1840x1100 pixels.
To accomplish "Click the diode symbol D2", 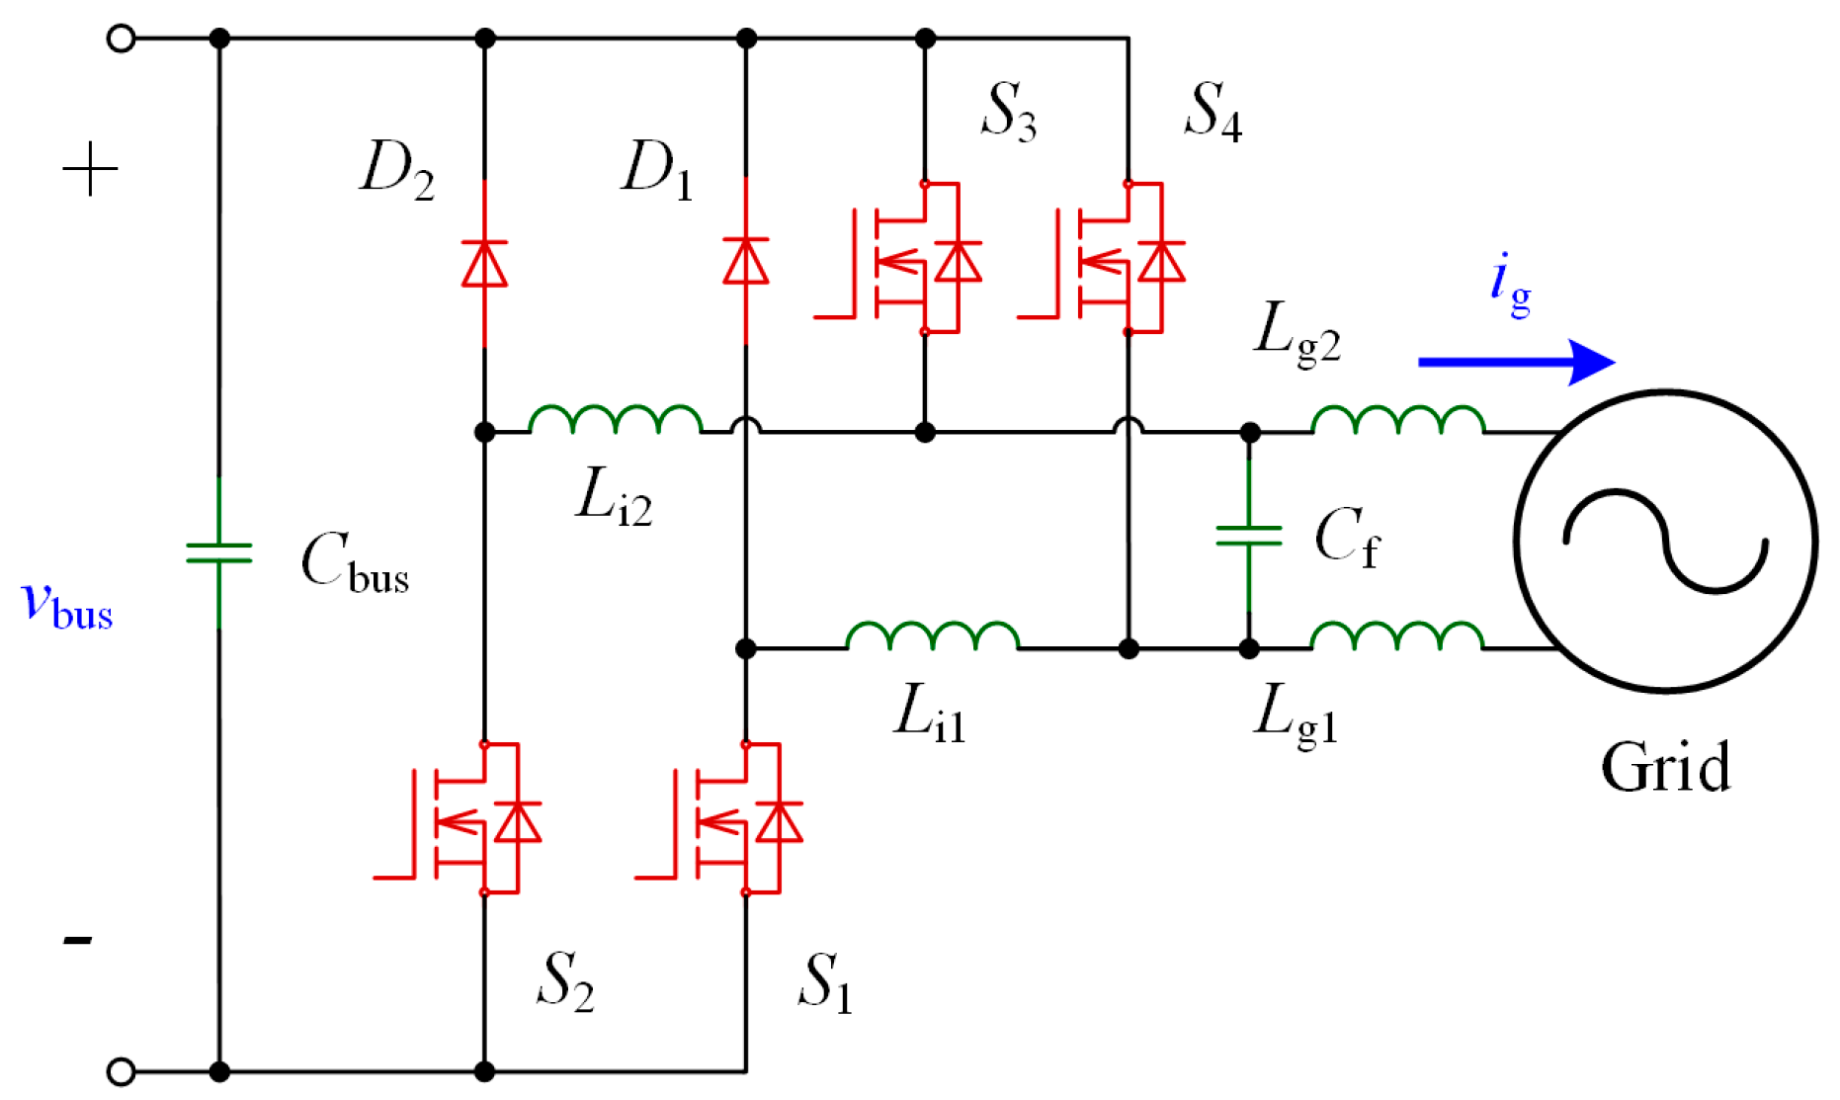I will click(x=484, y=263).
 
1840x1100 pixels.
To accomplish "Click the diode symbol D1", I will click(x=746, y=261).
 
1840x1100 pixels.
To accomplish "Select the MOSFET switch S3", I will click(x=909, y=259).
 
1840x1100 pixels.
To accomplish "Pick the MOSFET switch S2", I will click(x=469, y=819).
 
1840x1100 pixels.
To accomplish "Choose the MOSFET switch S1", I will click(x=731, y=819).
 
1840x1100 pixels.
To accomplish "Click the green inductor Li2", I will click(x=616, y=420).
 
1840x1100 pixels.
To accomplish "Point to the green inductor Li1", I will click(x=932, y=636).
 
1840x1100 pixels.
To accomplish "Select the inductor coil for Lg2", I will click(x=1397, y=421).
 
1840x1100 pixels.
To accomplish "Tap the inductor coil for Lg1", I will click(x=1397, y=636).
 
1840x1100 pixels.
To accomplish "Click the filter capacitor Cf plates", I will click(x=1249, y=536).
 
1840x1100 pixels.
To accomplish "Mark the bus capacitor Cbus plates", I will click(x=219, y=552).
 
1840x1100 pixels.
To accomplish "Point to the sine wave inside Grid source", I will click(x=1666, y=541).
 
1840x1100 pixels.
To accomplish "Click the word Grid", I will click(x=1666, y=767).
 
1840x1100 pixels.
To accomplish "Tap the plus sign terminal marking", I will click(x=90, y=168).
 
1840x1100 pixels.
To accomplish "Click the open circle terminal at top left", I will click(x=121, y=39).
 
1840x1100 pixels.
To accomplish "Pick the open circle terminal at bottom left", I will click(x=121, y=1071).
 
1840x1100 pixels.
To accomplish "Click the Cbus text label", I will click(x=355, y=563).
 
